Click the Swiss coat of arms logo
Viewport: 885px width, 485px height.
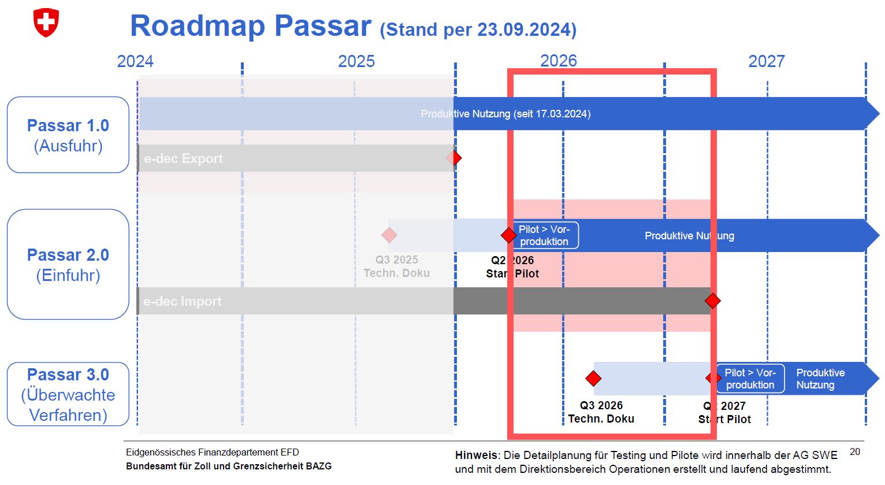click(46, 23)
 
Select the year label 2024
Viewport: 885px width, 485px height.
click(135, 61)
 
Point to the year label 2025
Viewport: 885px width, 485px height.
click(356, 61)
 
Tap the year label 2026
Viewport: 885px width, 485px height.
click(558, 61)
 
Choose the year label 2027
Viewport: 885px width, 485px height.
click(766, 61)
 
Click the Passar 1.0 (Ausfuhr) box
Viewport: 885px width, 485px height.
click(68, 135)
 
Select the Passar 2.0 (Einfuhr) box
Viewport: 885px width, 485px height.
click(68, 264)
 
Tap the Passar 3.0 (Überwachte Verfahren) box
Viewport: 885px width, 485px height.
click(68, 394)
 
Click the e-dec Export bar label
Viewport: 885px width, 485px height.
click(183, 158)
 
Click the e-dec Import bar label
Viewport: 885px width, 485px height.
click(183, 301)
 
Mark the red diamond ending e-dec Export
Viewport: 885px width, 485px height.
click(455, 158)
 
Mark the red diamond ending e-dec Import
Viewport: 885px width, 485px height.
click(712, 301)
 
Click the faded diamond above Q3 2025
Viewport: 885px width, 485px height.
click(389, 235)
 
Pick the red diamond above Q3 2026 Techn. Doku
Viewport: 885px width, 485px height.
click(593, 379)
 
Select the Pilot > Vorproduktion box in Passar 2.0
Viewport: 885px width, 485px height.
click(544, 235)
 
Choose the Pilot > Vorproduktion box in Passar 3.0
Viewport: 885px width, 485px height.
click(750, 379)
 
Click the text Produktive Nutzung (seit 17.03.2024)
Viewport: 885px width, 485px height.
click(505, 114)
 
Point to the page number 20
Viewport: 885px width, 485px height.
click(855, 451)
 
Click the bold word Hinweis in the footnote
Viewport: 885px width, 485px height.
click(476, 455)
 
